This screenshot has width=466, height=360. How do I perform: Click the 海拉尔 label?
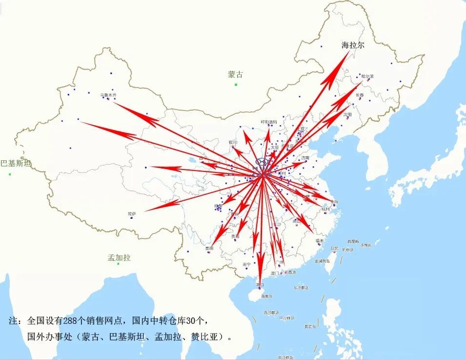353,45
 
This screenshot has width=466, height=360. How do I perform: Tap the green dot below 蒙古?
236,85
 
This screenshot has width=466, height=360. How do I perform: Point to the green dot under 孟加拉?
118,264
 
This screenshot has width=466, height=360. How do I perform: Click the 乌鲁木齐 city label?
108,95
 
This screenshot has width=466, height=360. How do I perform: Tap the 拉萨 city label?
132,213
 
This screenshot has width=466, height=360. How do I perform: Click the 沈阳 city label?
347,114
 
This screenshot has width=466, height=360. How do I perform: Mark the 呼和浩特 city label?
269,122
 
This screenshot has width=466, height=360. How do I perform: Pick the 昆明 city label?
209,248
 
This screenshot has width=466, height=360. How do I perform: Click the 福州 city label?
320,241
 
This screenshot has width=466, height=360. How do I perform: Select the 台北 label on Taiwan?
334,248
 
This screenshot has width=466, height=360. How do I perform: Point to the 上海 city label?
334,201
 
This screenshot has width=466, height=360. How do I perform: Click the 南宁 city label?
247,264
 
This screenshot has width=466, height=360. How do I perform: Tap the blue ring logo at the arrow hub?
263,162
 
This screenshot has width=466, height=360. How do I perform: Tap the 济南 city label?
305,158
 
